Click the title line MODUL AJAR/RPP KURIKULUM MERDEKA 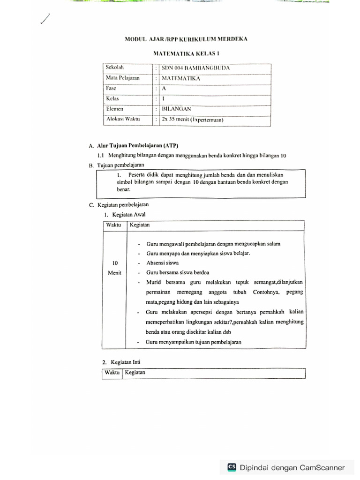point(186,39)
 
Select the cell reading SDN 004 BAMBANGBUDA point(195,68)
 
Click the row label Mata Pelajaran point(123,78)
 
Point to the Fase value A point(164,89)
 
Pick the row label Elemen point(115,109)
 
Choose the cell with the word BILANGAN point(176,109)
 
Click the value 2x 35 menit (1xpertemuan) point(192,120)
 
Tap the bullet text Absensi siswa point(162,263)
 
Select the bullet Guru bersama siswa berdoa point(178,272)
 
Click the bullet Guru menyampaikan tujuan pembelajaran point(193,342)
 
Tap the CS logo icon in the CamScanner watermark point(232,467)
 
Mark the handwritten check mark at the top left point(45,19)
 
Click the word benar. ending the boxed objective point(124,190)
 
